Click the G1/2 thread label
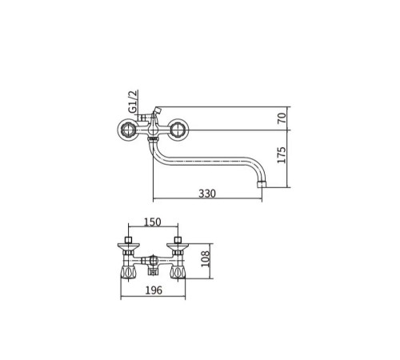click(x=134, y=102)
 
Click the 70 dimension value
click(x=282, y=118)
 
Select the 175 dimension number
click(x=282, y=155)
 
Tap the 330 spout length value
click(x=207, y=194)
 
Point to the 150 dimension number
click(x=153, y=222)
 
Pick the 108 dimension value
click(x=206, y=258)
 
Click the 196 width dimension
click(x=154, y=290)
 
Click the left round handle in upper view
click(x=127, y=130)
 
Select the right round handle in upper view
click(x=178, y=130)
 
